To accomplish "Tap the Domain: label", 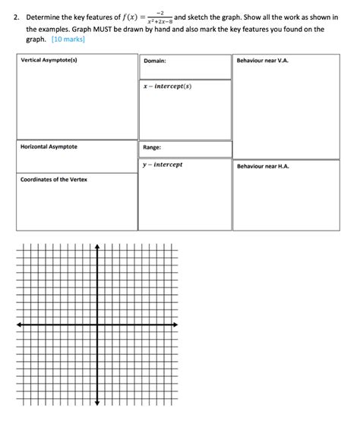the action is click(x=154, y=61).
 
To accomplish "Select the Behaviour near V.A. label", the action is click(x=263, y=60).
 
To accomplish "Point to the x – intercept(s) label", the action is click(x=167, y=86).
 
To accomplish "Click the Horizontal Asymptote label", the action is click(x=49, y=146).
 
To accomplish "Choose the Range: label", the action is click(x=152, y=148).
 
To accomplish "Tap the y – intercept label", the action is click(x=163, y=165).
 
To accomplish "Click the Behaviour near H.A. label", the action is click(x=263, y=166).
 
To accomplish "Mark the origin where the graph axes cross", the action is click(x=97, y=325).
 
